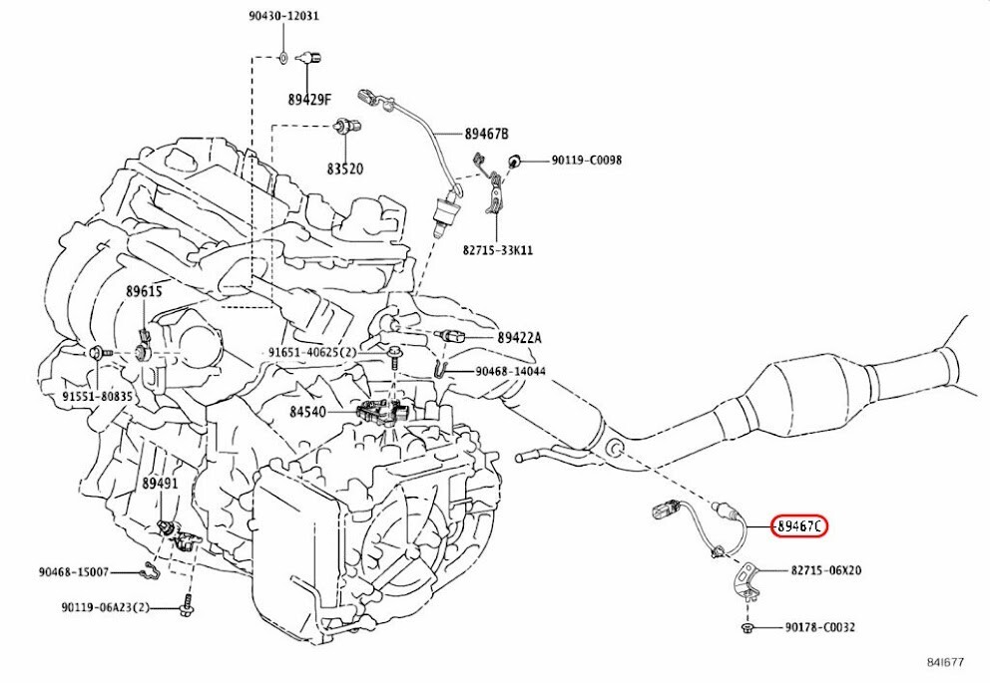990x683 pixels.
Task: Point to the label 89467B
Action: pyautogui.click(x=486, y=134)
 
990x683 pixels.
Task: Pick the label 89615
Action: pyautogui.click(x=144, y=291)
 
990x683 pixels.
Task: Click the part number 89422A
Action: pyautogui.click(x=519, y=338)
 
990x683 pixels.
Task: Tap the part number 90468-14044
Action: pyautogui.click(x=510, y=371)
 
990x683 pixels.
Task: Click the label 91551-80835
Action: pyautogui.click(x=98, y=396)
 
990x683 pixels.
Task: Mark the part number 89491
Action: pyautogui.click(x=159, y=483)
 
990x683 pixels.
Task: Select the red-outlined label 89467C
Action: pyautogui.click(x=799, y=526)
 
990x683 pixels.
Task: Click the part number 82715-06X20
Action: pyautogui.click(x=826, y=571)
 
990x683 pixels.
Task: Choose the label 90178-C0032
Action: pyautogui.click(x=819, y=627)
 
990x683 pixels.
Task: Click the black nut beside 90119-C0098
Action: pyautogui.click(x=515, y=161)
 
